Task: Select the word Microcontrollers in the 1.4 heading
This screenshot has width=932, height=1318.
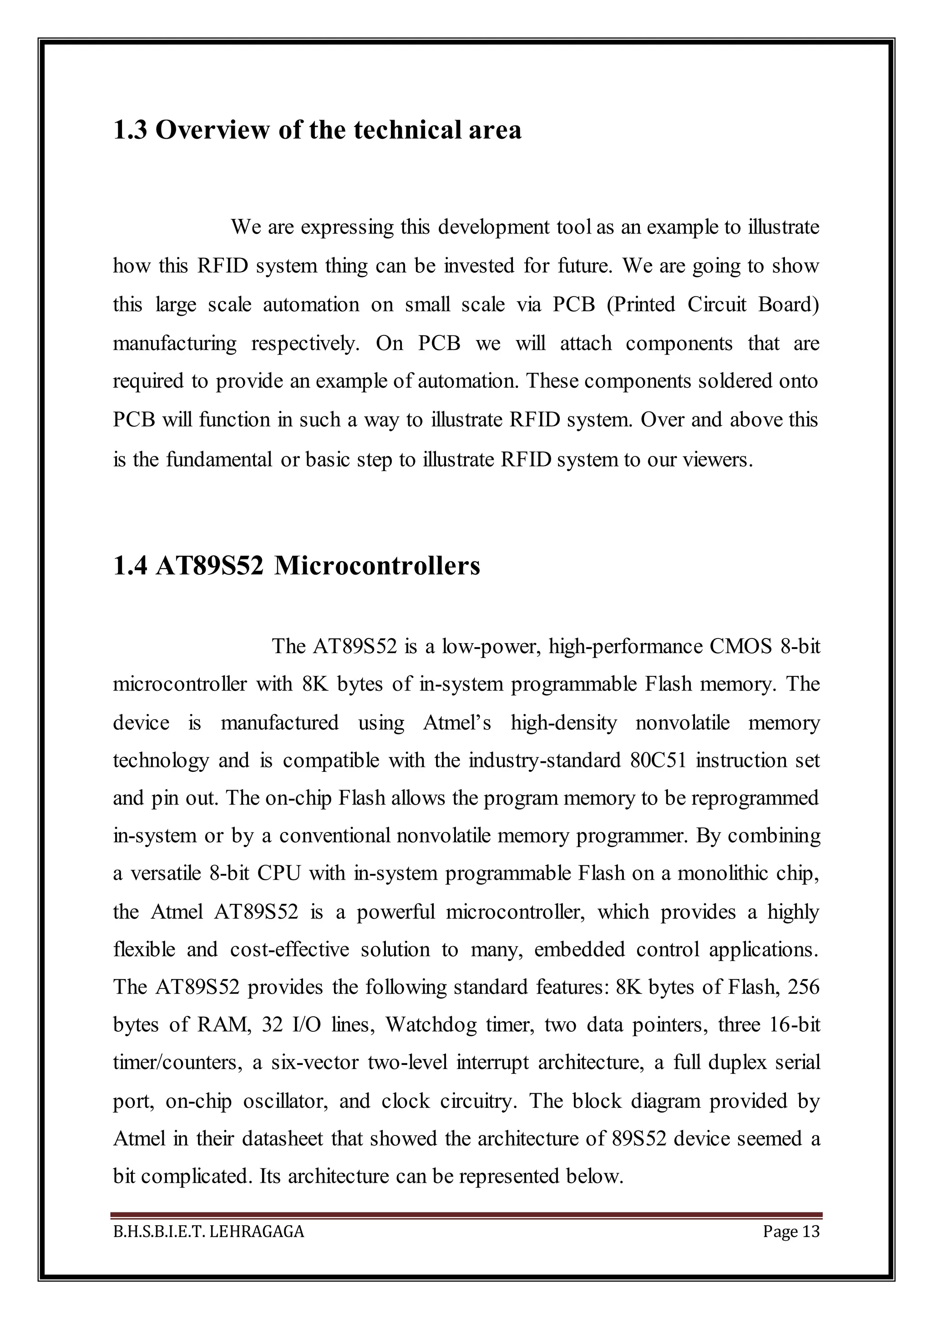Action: (x=377, y=566)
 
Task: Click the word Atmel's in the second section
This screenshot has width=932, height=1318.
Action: (x=457, y=722)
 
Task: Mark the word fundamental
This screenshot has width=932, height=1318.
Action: (x=219, y=460)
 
